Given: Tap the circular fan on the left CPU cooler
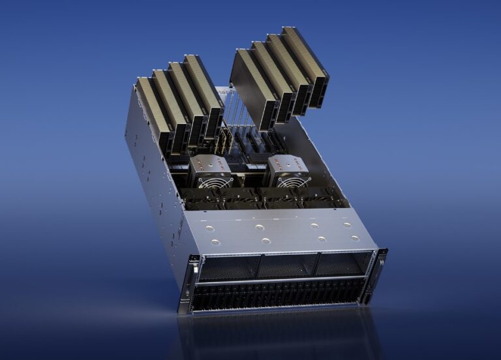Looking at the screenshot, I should (210, 182).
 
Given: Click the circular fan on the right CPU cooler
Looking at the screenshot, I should (288, 182).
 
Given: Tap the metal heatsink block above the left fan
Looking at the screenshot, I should (210, 164).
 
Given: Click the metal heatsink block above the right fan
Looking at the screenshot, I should (287, 163).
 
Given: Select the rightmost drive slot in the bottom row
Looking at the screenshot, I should (357, 293).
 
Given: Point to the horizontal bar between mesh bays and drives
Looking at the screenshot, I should (281, 281).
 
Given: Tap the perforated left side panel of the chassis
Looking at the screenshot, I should (153, 189).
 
